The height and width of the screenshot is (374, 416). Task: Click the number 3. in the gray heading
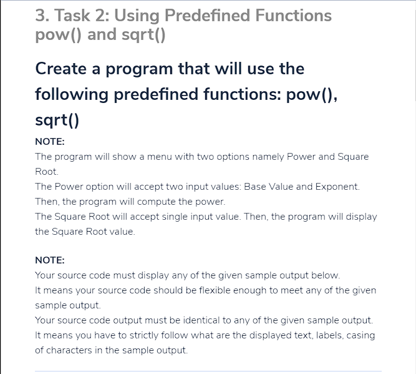(42, 16)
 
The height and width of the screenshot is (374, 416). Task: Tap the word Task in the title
(72, 16)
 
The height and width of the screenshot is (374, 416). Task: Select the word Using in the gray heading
(137, 16)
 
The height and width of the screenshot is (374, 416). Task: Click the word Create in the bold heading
(60, 69)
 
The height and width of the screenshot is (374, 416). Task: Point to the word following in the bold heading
(72, 95)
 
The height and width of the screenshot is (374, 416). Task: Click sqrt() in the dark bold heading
(57, 121)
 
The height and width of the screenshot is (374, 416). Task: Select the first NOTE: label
(50, 142)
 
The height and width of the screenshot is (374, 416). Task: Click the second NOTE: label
(50, 260)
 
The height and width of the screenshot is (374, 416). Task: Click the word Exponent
(337, 187)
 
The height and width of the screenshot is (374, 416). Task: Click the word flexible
(215, 290)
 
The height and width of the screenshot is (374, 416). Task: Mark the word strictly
(144, 335)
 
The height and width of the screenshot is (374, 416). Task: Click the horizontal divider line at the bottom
(208, 371)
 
